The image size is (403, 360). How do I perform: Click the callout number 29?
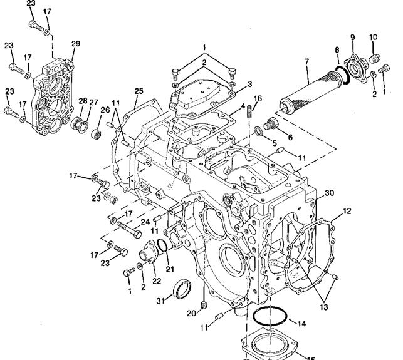click(x=76, y=43)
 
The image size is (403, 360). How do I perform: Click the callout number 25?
click(x=139, y=91)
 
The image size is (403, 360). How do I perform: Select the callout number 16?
click(x=258, y=98)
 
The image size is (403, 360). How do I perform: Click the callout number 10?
click(x=374, y=37)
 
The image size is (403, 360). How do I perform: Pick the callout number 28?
click(x=83, y=101)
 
